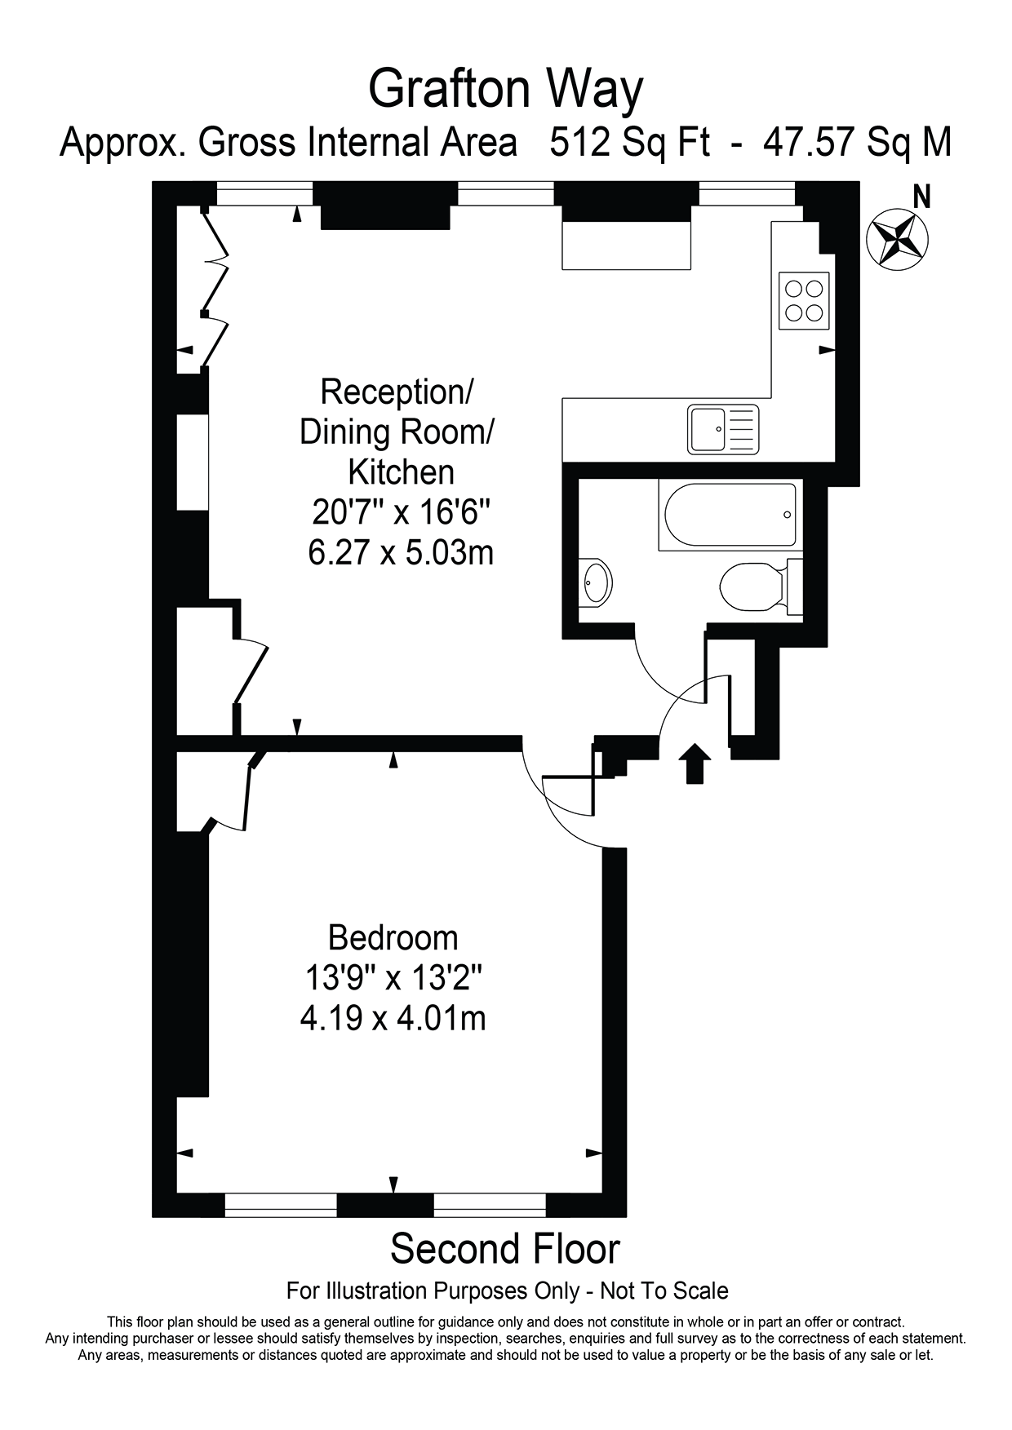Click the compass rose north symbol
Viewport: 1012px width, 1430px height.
[896, 237]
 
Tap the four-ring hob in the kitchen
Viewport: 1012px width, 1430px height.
[804, 300]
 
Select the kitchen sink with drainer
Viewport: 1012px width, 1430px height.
[723, 429]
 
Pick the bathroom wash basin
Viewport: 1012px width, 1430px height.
[595, 582]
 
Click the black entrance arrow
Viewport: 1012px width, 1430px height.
[695, 763]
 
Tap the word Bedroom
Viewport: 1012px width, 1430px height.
[393, 938]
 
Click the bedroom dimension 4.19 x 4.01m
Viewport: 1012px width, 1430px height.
[393, 1018]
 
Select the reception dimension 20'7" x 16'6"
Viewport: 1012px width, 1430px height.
[401, 512]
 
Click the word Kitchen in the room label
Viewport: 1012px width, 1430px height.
[401, 472]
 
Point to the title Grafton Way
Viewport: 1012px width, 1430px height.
[506, 90]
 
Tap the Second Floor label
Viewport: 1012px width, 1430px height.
[505, 1249]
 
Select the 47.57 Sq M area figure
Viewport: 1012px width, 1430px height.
[857, 142]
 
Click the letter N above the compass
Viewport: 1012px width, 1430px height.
[921, 197]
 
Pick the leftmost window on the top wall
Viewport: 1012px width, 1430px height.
[264, 194]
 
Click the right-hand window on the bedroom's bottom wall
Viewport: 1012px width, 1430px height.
[490, 1205]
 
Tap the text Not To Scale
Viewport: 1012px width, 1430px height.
[664, 1291]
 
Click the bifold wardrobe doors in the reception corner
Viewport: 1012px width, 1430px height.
[215, 287]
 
